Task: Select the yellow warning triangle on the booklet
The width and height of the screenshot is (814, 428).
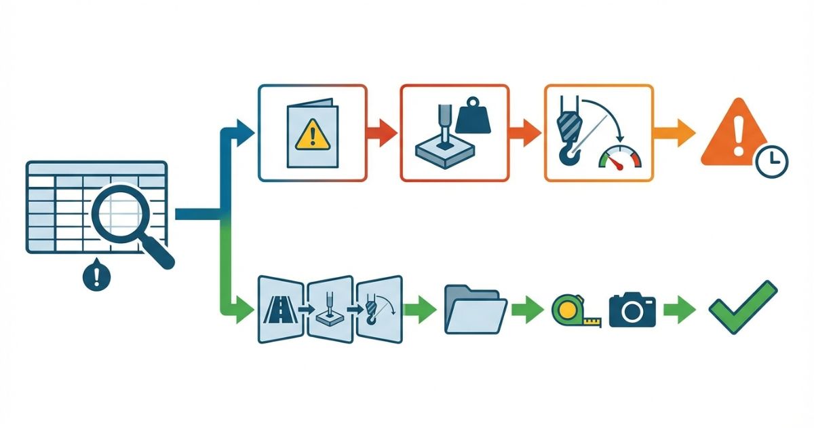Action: tap(311, 135)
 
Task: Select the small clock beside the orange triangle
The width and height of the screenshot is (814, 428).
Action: tap(771, 161)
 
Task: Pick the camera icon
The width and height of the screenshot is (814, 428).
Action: tap(632, 310)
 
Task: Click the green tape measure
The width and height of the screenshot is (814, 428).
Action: tap(571, 310)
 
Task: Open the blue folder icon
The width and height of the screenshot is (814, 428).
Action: tap(475, 310)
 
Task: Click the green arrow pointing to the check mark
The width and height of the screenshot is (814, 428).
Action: tap(680, 310)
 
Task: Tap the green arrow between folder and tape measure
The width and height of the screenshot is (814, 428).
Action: tap(527, 310)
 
